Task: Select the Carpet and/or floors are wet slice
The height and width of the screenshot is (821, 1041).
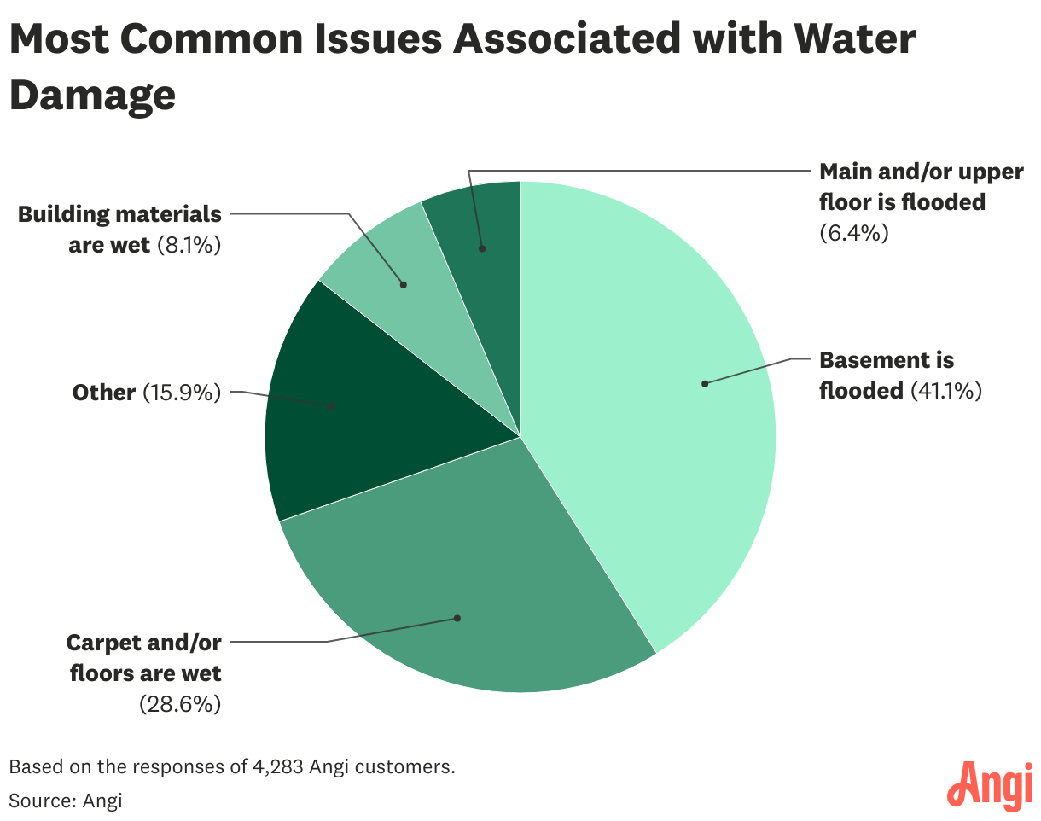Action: pyautogui.click(x=461, y=589)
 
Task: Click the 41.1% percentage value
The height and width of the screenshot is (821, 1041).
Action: pyautogui.click(x=946, y=391)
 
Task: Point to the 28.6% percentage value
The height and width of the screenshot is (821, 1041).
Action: pyautogui.click(x=180, y=704)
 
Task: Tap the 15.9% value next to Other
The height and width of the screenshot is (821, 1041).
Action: pyautogui.click(x=181, y=393)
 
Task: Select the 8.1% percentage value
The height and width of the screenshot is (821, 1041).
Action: pyautogui.click(x=189, y=245)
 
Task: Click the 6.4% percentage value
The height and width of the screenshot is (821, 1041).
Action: pyautogui.click(x=854, y=232)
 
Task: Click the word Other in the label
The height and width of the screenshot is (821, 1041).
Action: pyautogui.click(x=104, y=393)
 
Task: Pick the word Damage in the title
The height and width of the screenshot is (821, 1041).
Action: pyautogui.click(x=92, y=95)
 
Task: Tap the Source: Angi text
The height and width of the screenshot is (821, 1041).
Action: pyautogui.click(x=66, y=801)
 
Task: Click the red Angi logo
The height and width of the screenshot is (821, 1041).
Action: pyautogui.click(x=991, y=785)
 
